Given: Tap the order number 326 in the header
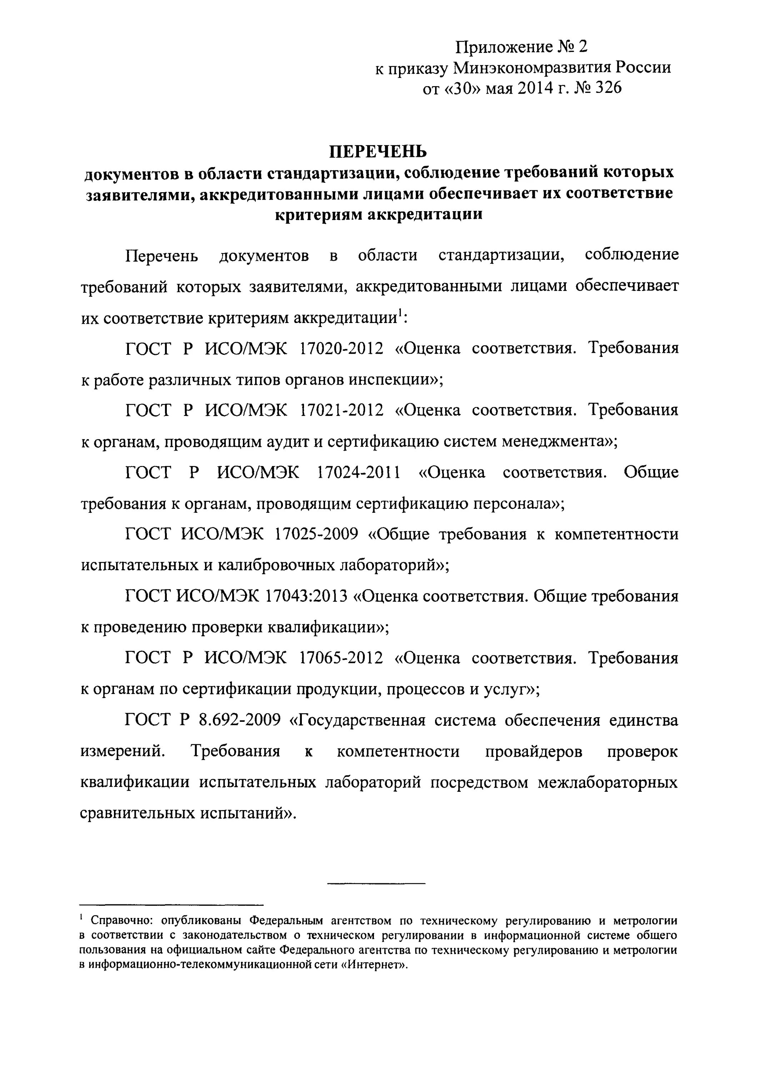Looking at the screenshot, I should (x=609, y=88).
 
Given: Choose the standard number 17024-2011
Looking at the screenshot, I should (x=359, y=472).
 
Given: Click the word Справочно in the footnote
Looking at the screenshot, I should (x=120, y=921).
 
